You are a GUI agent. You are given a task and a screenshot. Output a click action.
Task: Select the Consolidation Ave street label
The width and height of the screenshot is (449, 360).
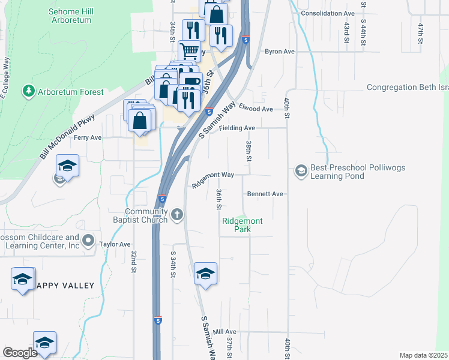[328, 13]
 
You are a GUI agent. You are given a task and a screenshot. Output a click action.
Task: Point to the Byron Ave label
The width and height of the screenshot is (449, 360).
[280, 52]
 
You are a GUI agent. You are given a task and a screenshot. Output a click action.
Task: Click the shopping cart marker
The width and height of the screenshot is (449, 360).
[189, 52]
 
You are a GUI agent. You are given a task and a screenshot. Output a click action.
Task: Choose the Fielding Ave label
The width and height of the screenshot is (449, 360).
[237, 128]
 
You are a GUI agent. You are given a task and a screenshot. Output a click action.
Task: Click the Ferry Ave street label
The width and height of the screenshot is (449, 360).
[88, 137]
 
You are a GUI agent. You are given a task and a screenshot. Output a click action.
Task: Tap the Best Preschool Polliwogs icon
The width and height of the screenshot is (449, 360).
[300, 172]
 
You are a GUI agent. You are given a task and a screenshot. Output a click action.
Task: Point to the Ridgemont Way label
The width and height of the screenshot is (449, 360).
[212, 179]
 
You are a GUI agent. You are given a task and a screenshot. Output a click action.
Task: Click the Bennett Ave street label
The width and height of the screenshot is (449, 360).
[265, 194]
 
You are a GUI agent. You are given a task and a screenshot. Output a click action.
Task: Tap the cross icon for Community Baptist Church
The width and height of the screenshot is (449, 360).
[176, 214]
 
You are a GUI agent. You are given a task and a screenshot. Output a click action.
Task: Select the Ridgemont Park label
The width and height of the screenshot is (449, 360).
[242, 225]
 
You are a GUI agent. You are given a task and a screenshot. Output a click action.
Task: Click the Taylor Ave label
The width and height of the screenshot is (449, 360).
[115, 244]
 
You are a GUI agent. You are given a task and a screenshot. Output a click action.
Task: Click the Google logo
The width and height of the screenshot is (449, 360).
[20, 353]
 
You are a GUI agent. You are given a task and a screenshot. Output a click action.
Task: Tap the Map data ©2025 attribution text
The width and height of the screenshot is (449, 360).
[423, 355]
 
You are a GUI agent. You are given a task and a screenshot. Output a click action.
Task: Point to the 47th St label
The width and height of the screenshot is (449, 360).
[421, 30]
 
